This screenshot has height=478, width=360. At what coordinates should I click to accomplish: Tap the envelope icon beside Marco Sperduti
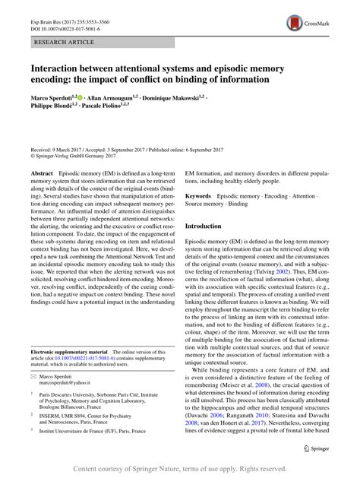pos(34,375)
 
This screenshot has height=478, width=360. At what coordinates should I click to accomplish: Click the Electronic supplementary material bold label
pos(73,352)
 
